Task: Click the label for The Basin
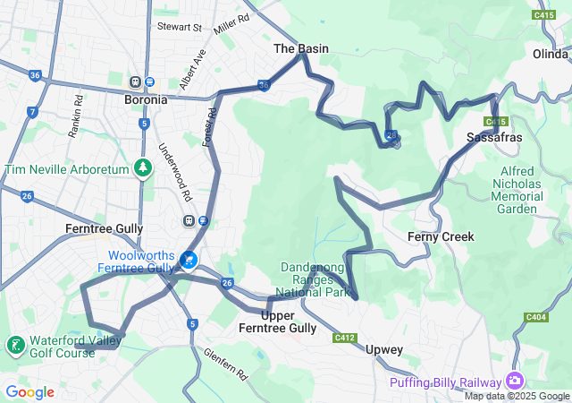point(300,48)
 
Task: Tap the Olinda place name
point(550,54)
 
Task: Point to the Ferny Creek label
point(441,236)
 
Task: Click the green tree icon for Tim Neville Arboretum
point(142,167)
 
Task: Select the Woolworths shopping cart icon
point(189,260)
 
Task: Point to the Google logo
point(29,392)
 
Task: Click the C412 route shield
point(345,338)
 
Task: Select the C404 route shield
point(536,317)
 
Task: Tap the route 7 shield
point(32,112)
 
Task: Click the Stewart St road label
point(180,28)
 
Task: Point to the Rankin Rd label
point(76,116)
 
